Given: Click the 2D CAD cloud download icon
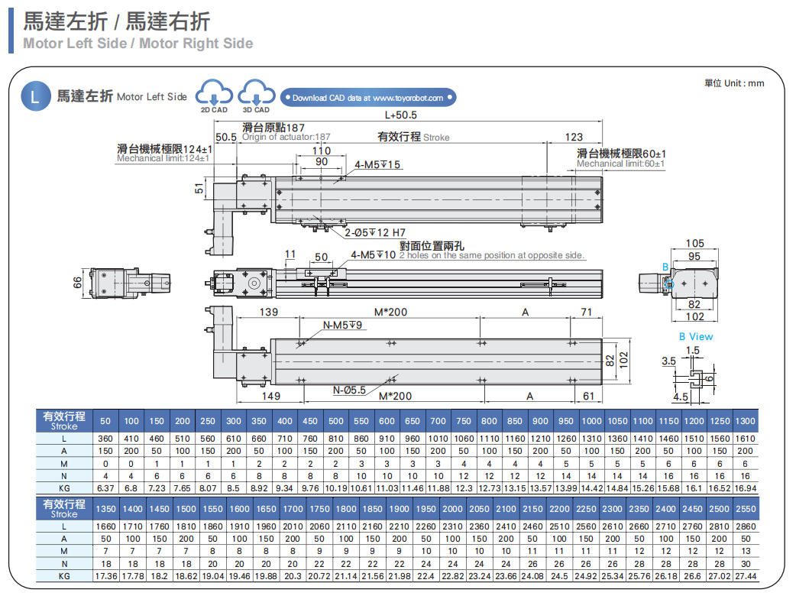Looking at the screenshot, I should point(214,94).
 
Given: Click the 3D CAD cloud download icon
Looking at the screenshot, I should point(256,94).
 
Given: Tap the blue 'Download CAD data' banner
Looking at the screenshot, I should point(368,98).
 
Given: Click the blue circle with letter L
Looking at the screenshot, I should point(34,97).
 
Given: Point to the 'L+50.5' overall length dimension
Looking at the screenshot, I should point(400,115).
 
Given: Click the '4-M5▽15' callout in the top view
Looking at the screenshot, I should point(377,164).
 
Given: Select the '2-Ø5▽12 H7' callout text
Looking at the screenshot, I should point(375,232).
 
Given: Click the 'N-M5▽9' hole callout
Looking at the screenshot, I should point(343,326).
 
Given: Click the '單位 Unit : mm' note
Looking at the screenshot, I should point(733,83).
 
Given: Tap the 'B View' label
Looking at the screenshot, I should point(695,336).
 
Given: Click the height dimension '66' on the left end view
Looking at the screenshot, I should point(76,282).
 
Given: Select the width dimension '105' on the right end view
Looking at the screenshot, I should point(694,244).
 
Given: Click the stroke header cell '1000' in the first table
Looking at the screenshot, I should point(591,421).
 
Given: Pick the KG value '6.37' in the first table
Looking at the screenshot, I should point(105,488).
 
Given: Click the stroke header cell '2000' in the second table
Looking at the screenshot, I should point(452,509).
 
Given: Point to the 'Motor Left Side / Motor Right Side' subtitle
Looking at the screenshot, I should point(138,44).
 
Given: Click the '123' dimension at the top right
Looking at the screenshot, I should point(574,138).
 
